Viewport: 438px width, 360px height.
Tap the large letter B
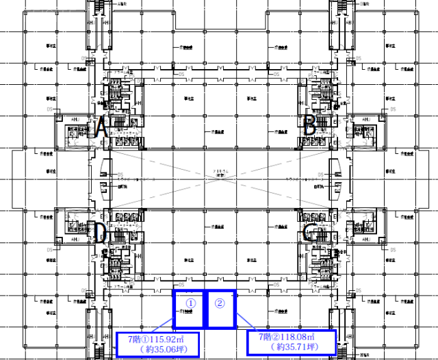309,126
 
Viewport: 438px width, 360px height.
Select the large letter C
309,233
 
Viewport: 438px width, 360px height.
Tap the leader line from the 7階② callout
242,322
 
